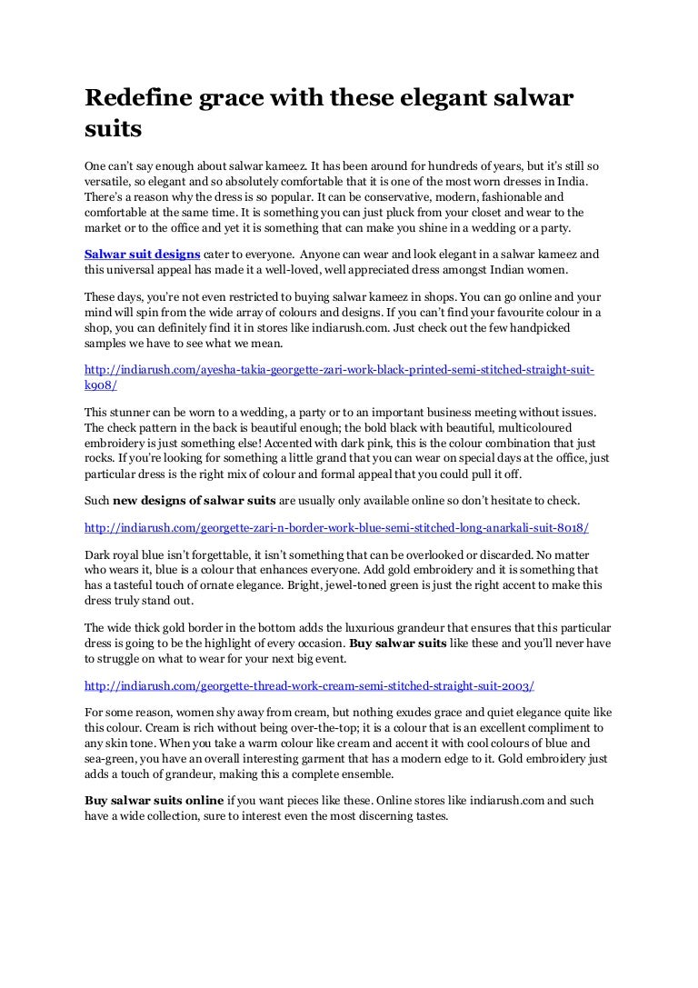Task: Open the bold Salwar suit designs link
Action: [142, 255]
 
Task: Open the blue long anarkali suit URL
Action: [336, 527]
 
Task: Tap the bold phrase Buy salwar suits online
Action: [154, 801]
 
